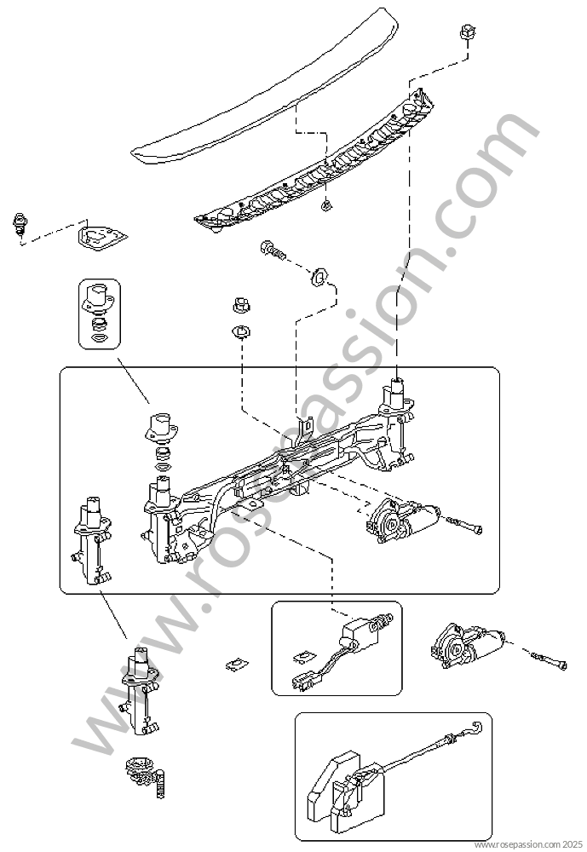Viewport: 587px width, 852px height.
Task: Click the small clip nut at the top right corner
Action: (466, 32)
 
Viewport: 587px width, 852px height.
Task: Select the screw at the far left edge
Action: (20, 224)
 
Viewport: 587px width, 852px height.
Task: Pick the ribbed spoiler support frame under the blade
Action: (316, 163)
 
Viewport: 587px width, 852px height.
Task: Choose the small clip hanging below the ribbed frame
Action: (326, 204)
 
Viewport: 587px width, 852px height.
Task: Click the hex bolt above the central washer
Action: (273, 250)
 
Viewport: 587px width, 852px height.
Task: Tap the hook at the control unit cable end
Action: (476, 727)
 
